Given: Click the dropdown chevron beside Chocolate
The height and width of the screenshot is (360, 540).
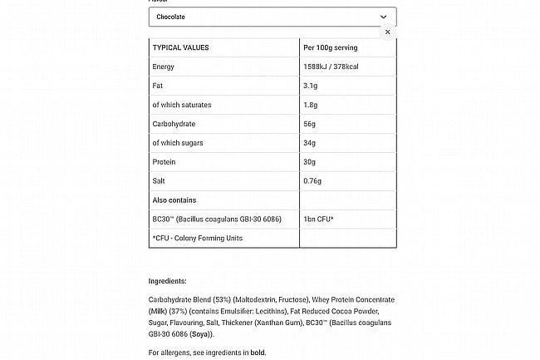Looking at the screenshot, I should (x=383, y=17).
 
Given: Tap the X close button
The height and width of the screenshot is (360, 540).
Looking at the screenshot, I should (x=387, y=32).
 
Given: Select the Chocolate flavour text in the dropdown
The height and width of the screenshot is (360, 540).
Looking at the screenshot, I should (x=170, y=17).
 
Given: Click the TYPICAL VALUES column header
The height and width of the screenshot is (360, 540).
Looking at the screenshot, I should (x=180, y=47).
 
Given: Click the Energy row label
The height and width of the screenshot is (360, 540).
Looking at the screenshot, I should (x=164, y=67).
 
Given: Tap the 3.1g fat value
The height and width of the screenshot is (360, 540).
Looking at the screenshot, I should (x=312, y=86).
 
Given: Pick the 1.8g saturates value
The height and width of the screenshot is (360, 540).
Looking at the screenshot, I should (x=312, y=105).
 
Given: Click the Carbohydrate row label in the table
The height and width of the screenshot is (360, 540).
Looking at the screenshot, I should (x=174, y=124).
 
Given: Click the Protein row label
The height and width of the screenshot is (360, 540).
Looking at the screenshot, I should (x=164, y=162).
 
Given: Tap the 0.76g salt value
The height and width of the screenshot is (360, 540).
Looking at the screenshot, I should (x=313, y=181).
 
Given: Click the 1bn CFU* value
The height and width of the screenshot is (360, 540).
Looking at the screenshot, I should (x=319, y=219).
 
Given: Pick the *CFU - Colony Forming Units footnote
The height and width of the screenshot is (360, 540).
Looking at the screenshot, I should (x=197, y=239).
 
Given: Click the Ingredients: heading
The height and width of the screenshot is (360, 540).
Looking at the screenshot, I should (x=167, y=281).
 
